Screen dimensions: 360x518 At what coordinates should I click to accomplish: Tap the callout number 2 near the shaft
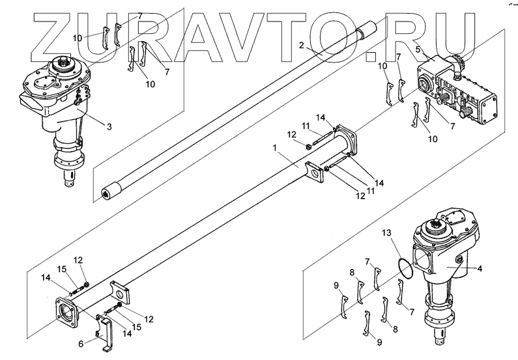click(x=301, y=45)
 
